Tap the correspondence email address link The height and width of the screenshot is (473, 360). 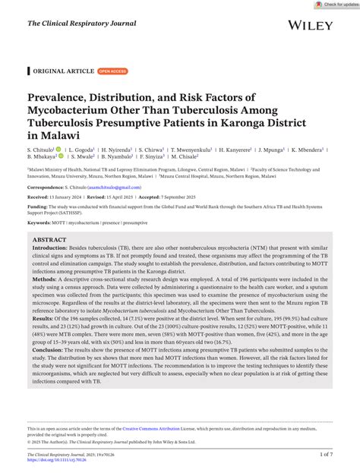[x=114, y=187]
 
